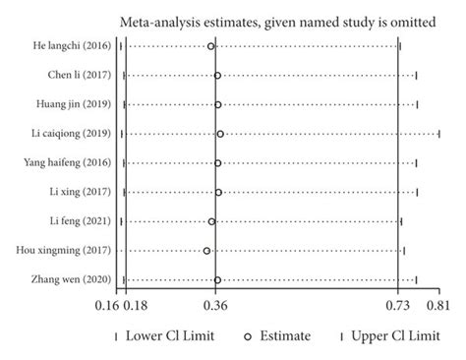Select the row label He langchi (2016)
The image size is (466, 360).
70,46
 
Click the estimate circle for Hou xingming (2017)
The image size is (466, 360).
207,251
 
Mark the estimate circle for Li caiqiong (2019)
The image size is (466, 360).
220,134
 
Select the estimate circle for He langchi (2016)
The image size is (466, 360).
210,46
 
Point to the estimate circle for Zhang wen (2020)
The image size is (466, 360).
217,280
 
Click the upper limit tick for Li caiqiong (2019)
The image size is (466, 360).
439,134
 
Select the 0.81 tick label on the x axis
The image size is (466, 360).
438,306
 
